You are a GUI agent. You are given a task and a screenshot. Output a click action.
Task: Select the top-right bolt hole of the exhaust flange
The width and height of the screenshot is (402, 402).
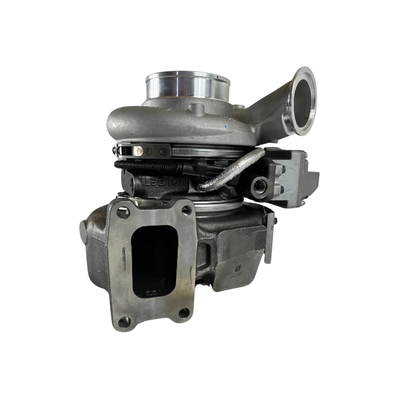pos(187,208)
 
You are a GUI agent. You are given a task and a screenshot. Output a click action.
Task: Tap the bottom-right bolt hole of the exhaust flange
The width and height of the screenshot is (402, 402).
pos(185,313)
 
